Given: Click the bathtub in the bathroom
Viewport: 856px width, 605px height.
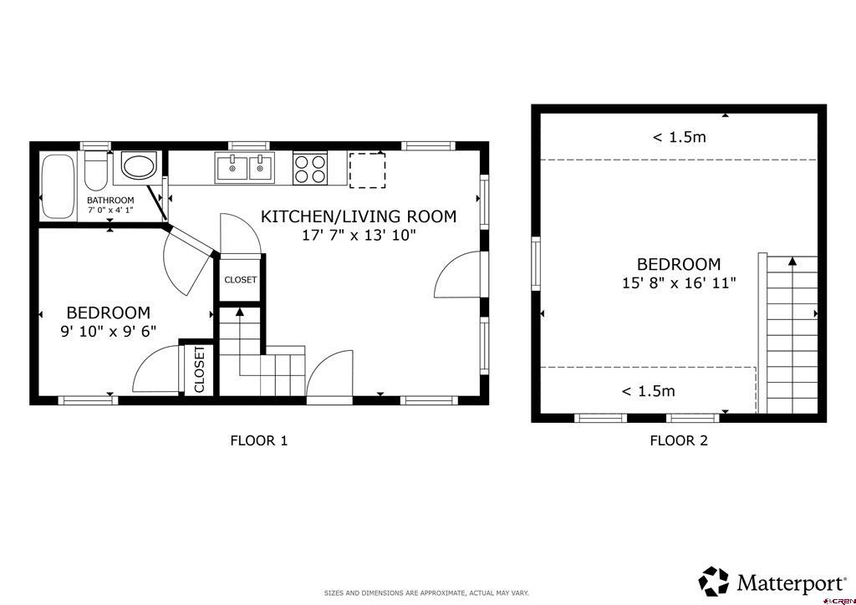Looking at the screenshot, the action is [58, 186].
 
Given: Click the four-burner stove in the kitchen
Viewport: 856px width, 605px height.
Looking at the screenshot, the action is [310, 168].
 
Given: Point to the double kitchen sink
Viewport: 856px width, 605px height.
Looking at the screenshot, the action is [245, 168].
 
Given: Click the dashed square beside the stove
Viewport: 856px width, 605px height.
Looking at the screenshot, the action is [368, 170].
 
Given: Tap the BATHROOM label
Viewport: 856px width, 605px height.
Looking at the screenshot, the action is [110, 201].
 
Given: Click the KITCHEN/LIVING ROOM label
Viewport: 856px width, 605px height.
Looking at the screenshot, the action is [359, 216].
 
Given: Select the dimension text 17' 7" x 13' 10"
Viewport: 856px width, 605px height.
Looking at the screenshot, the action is [359, 236].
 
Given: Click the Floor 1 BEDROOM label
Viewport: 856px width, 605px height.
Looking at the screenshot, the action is [108, 313].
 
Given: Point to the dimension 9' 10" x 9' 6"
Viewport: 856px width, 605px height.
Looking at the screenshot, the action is [108, 331].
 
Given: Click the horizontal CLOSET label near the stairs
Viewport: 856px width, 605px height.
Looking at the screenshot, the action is [240, 280].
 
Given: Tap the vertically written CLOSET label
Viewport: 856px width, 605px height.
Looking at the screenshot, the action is [199, 369].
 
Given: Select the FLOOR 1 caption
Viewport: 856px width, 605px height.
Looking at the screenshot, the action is [259, 440].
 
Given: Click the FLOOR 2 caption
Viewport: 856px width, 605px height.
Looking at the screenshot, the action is [679, 440].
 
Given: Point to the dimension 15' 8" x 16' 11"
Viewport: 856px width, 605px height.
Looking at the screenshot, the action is [679, 283].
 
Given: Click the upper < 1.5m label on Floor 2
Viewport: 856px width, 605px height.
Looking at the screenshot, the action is [679, 137].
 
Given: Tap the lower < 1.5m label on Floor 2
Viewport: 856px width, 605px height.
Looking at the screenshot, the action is [649, 391].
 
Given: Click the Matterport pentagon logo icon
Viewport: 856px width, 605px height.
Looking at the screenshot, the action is [714, 582].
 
